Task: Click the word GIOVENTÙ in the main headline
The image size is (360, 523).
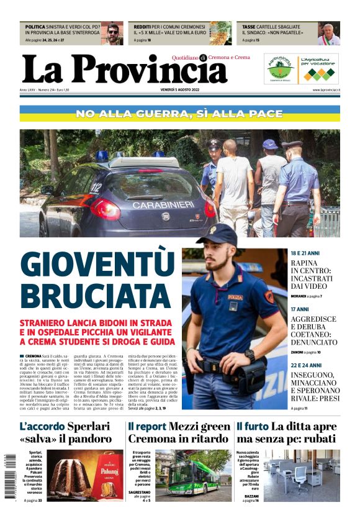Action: point(97,263)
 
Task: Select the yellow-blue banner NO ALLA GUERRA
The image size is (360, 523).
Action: point(179,114)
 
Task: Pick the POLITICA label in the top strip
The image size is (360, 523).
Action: point(35,27)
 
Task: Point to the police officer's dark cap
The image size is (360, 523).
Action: point(217,234)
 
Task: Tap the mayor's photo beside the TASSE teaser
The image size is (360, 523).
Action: point(328,34)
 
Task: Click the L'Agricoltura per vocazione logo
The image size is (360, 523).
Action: point(319,68)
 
